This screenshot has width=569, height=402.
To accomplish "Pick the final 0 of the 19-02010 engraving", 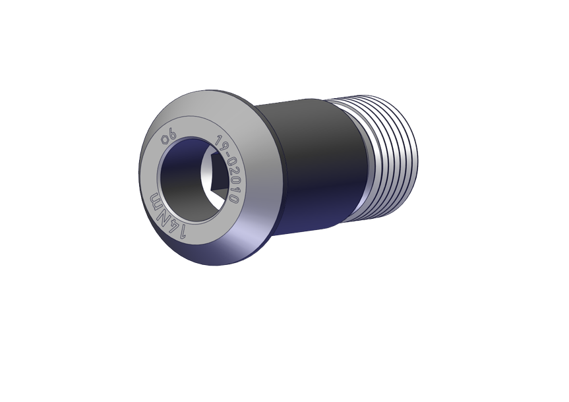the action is click(x=234, y=199).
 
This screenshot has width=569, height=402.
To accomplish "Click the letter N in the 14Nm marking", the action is click(x=164, y=214).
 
